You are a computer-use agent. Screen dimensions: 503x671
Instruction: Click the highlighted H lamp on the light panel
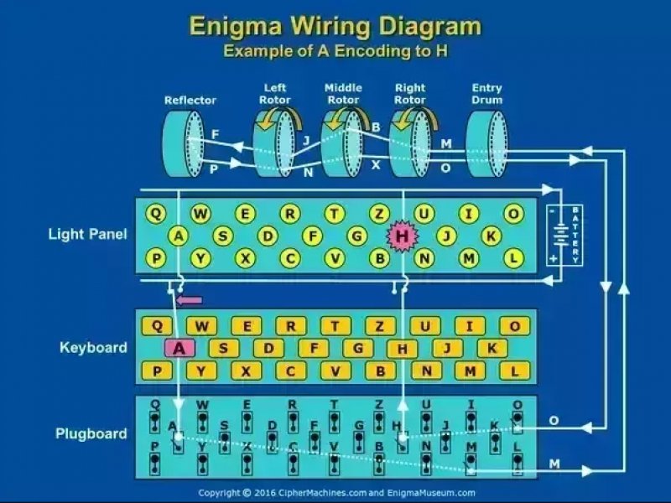pos(403,236)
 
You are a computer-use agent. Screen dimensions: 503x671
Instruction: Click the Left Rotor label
pos(275,93)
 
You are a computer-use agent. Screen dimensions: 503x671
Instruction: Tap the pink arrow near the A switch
pos(191,298)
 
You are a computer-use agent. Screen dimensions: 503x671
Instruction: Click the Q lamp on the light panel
pos(156,214)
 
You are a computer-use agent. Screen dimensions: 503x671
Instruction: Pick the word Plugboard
pos(91,433)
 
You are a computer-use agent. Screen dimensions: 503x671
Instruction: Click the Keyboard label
pos(93,347)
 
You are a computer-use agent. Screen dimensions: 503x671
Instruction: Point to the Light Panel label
pos(88,234)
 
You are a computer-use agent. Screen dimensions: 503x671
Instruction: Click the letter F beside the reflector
pos(216,132)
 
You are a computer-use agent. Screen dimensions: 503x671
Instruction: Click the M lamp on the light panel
pos(469,259)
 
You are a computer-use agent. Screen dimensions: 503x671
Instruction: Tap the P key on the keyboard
pos(156,370)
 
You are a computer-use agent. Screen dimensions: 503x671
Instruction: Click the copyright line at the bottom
pos(335,493)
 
